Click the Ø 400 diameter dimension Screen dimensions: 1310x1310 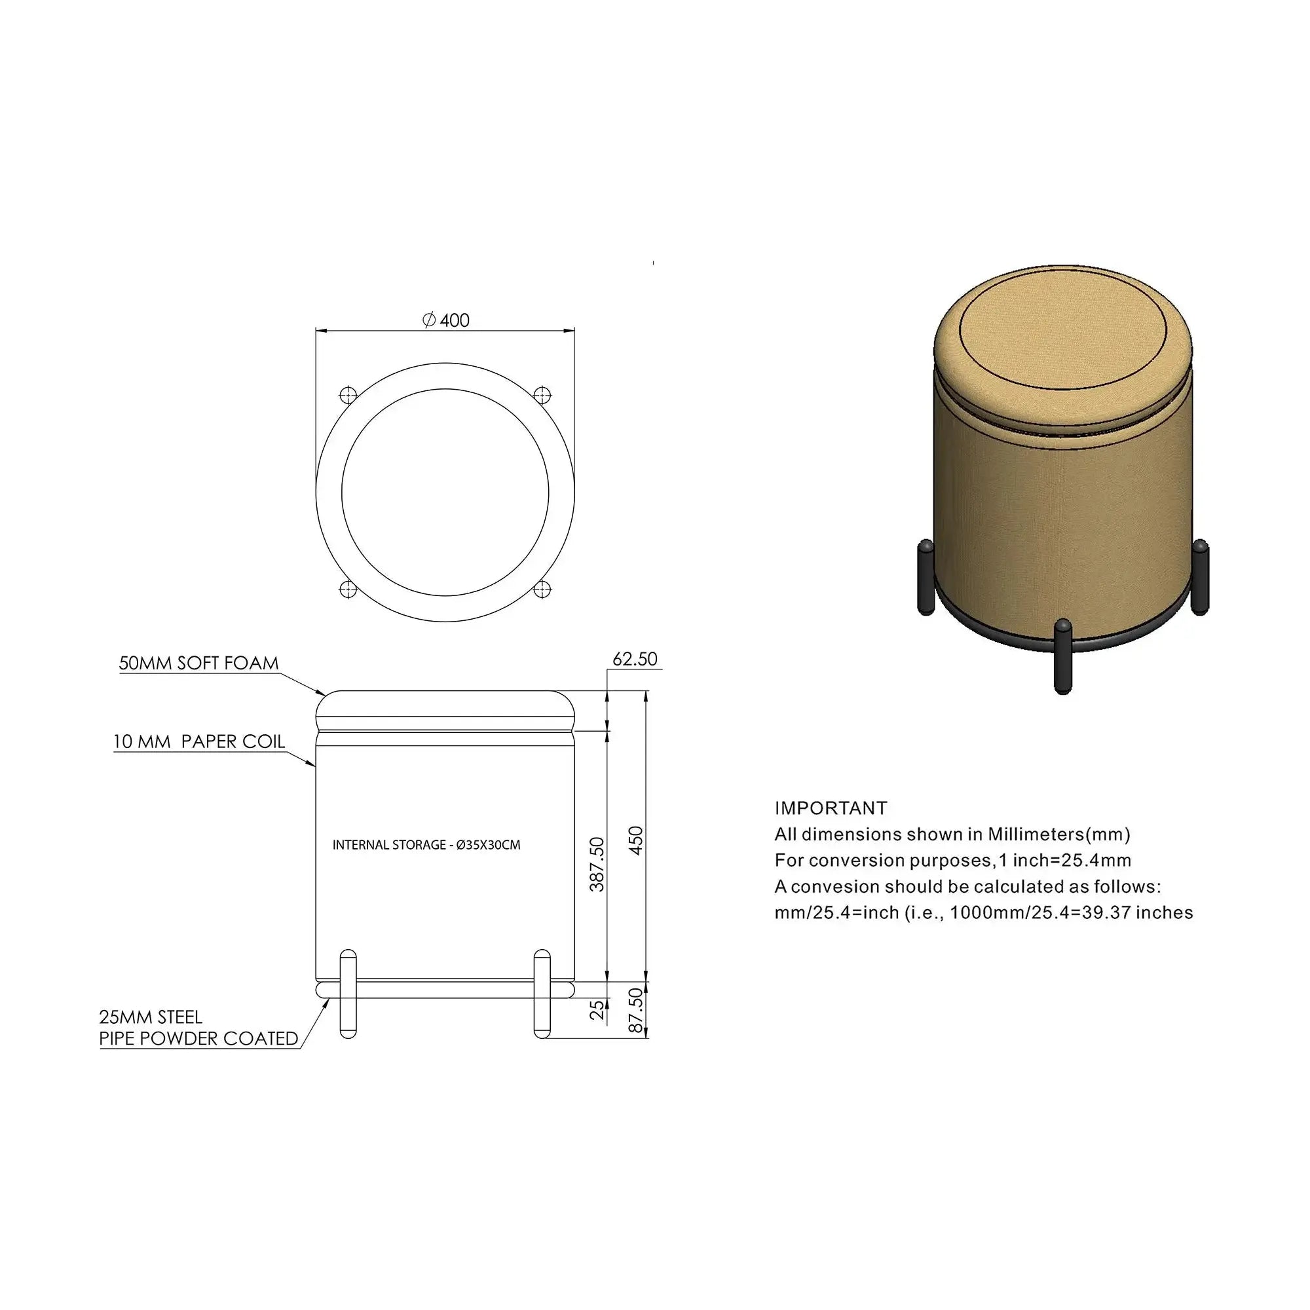tap(445, 320)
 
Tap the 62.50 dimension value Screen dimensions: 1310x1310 tap(635, 659)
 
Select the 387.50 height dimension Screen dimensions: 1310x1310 tap(597, 864)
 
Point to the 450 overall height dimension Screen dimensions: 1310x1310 tap(636, 841)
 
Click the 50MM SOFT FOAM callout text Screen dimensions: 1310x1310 tap(198, 663)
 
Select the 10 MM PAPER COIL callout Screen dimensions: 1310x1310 tap(199, 742)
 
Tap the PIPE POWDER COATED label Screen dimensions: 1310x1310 tap(198, 1038)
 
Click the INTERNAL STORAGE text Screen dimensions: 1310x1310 tap(388, 845)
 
